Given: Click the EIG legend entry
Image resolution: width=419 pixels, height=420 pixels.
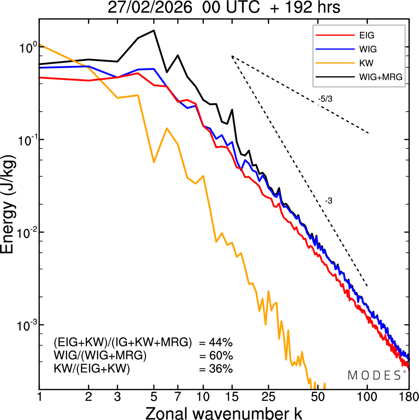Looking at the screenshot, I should click(x=367, y=35).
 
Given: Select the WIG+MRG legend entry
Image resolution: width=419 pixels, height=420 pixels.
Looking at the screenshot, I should click(x=381, y=77).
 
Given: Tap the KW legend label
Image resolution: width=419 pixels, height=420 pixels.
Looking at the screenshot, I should click(x=366, y=63).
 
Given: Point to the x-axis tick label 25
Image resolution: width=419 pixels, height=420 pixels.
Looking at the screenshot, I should click(x=268, y=397).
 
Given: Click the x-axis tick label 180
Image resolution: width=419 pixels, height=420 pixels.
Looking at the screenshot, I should click(x=409, y=397).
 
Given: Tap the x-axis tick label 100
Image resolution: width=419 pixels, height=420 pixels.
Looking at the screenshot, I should click(x=367, y=397).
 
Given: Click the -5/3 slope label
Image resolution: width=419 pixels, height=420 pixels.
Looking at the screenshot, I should click(x=325, y=99).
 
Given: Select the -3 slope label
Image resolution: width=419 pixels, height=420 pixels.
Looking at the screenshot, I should click(x=329, y=201).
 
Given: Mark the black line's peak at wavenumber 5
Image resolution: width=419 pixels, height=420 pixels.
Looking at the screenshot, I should click(x=154, y=30).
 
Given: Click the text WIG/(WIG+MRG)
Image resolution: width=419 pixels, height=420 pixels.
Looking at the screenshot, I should click(x=100, y=355).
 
